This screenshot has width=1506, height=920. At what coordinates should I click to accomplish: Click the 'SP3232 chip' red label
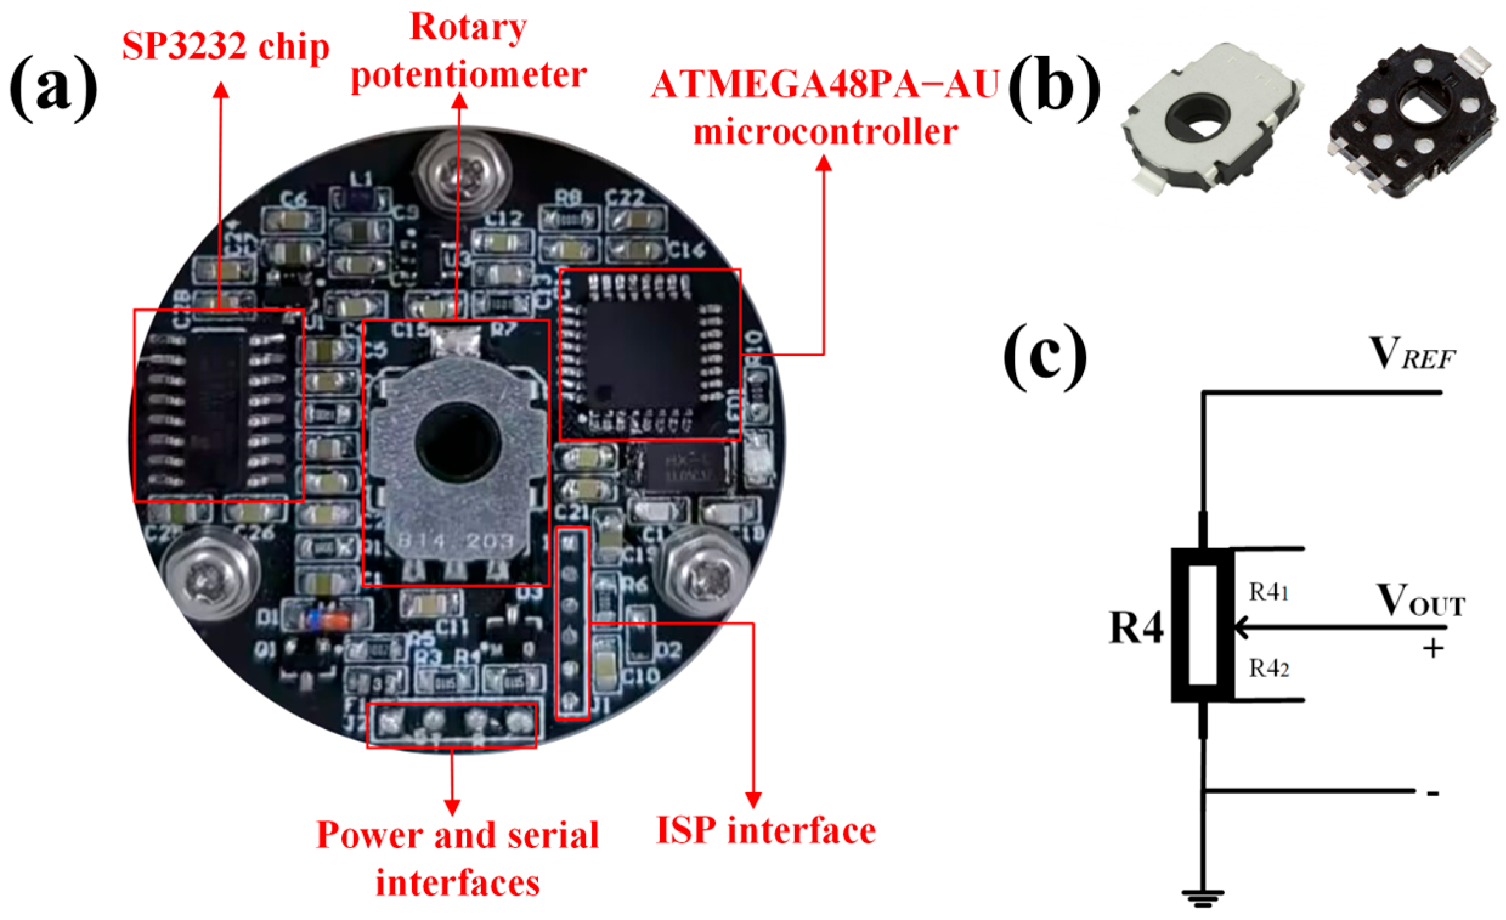pos(225,46)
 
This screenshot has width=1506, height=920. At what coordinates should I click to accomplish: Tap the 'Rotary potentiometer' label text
pos(468,52)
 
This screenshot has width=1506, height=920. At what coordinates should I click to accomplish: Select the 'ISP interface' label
pos(765,831)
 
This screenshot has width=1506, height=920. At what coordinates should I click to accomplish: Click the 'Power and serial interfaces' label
pos(457,859)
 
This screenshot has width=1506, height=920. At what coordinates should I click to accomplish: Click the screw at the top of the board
pos(463,172)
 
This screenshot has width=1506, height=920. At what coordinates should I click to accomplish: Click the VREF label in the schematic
pos(1412,354)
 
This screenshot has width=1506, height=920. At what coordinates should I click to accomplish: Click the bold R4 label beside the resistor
pos(1135,628)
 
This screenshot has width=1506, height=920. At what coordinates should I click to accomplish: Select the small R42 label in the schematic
pos(1268,669)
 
